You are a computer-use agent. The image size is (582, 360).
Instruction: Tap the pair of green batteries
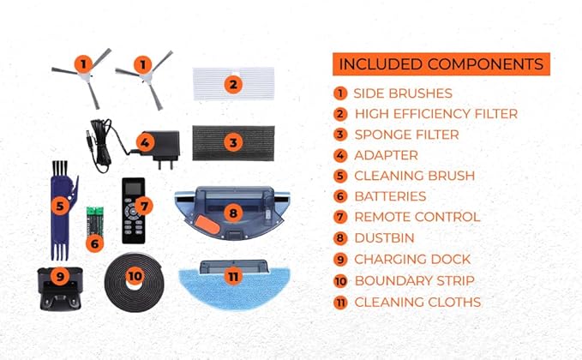click(x=94, y=221)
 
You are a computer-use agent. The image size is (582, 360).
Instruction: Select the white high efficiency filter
click(x=233, y=84)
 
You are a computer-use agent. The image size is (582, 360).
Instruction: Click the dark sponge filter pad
click(x=233, y=143)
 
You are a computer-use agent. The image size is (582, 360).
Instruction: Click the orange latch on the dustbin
click(x=207, y=225)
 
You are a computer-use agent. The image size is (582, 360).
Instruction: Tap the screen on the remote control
click(x=134, y=189)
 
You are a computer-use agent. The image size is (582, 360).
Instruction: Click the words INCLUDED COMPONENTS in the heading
click(x=441, y=64)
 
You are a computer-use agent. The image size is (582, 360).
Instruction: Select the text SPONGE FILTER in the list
click(x=406, y=135)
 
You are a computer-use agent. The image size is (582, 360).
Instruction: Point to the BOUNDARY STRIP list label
click(x=414, y=280)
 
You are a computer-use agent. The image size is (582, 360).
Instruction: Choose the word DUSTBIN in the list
click(x=384, y=238)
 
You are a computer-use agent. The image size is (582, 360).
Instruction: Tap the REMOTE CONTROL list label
click(x=417, y=217)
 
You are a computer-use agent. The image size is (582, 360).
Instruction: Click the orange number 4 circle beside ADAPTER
click(x=340, y=155)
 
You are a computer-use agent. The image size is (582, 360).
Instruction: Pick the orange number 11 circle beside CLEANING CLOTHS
click(x=340, y=302)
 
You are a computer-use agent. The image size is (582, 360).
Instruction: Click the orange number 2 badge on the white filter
click(x=233, y=84)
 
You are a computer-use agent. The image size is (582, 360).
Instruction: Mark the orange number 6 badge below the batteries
click(x=94, y=243)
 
